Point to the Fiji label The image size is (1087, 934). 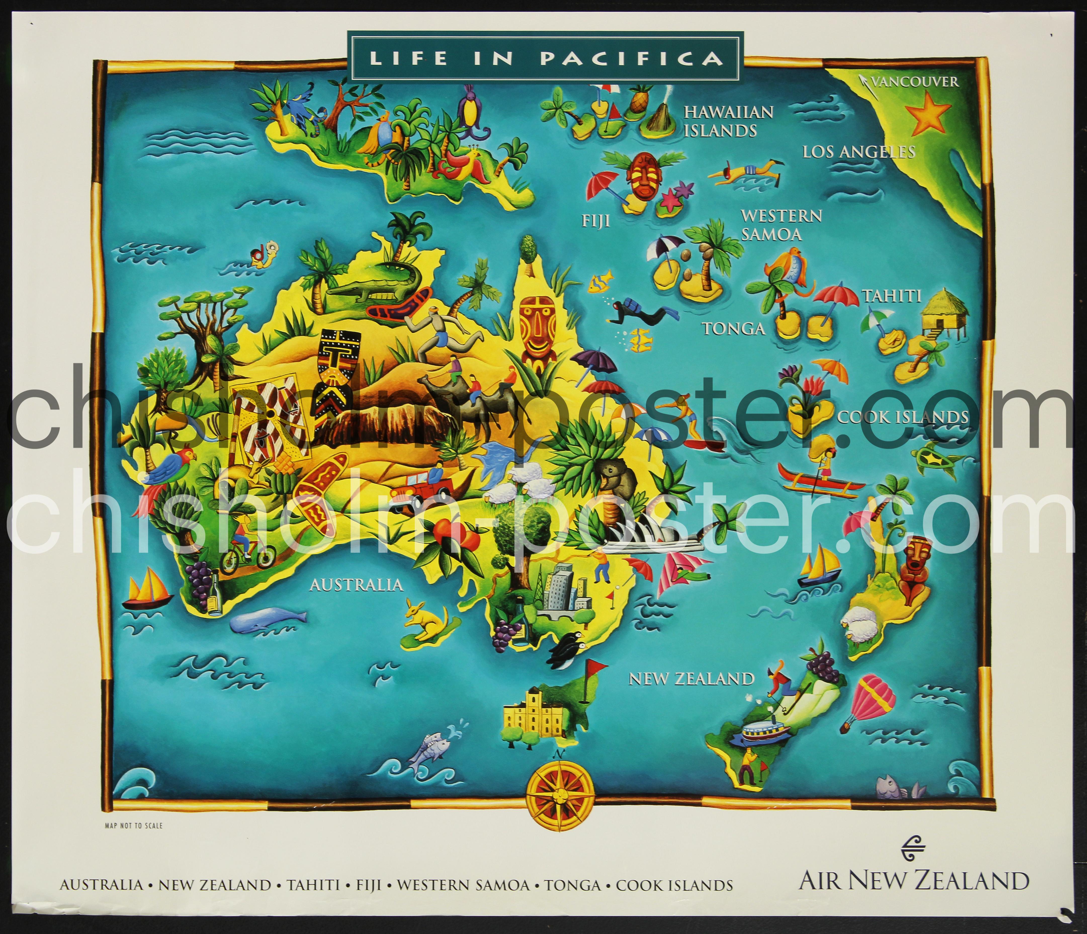coord(595,221)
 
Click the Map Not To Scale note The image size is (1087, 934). coord(134,825)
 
